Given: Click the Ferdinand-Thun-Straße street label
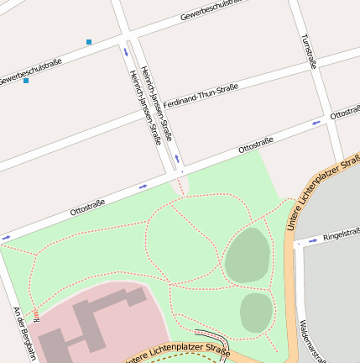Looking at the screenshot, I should [201, 94].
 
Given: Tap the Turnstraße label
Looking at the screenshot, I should [308, 50].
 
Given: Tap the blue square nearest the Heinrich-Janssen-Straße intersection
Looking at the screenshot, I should [89, 41].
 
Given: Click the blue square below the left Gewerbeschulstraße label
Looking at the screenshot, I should [26, 81].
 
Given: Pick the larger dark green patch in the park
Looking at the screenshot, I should [248, 255].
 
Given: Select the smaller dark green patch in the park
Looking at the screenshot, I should [256, 313].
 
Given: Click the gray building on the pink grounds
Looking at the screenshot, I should [88, 324].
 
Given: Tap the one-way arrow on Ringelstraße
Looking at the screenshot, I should [312, 240].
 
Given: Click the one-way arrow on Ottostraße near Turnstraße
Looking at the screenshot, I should [316, 123].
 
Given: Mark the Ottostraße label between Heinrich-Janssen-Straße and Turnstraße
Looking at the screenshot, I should [257, 144].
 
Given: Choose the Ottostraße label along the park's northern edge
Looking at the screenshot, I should [87, 203].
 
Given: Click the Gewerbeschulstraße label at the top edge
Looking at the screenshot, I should [211, 10].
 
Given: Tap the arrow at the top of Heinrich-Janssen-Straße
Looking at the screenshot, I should [126, 52].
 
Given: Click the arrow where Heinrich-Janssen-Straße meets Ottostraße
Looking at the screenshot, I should [177, 159].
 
